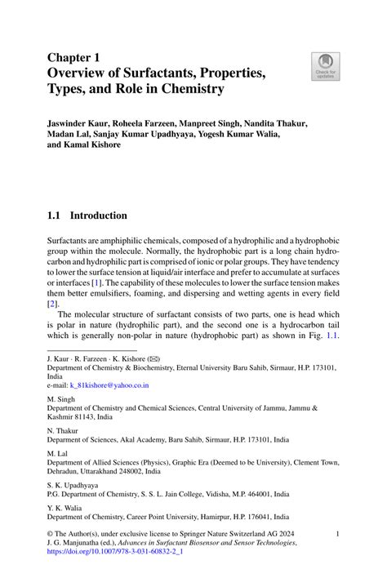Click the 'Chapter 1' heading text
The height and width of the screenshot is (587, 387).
tap(75, 58)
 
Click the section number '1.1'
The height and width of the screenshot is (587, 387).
tap(56, 216)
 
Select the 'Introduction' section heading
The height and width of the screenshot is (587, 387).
tap(98, 216)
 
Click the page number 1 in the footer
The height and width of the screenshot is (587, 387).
tap(337, 533)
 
